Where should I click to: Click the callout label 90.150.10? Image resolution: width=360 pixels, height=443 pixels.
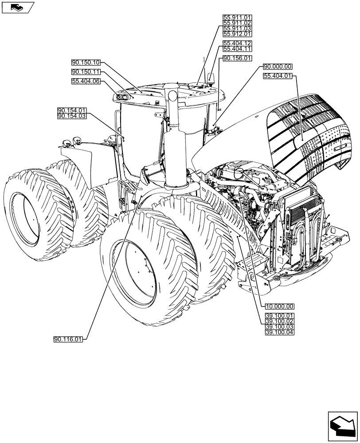[x=86, y=62]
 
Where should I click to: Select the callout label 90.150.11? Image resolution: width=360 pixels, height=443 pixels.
[x=86, y=72]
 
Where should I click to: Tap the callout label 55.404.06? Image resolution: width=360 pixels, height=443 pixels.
[x=86, y=81]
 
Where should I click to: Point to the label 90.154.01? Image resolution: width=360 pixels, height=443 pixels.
[x=72, y=110]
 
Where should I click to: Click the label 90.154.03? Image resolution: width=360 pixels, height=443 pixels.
[x=72, y=116]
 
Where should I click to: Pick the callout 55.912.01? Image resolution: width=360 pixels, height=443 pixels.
[x=237, y=34]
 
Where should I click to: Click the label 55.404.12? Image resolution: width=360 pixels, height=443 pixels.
[x=237, y=43]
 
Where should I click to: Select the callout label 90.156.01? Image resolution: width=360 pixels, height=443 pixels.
[x=237, y=58]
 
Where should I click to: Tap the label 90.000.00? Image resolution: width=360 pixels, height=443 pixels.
[x=278, y=66]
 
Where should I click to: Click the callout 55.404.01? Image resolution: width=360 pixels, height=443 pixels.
[x=278, y=76]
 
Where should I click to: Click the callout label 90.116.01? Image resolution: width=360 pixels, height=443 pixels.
[x=68, y=339]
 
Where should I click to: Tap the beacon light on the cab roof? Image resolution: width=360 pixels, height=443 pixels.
[x=211, y=80]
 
